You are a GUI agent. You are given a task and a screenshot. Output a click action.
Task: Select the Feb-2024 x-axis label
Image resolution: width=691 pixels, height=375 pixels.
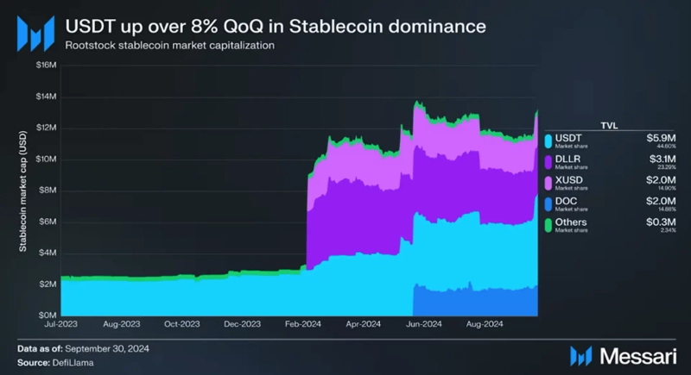[304, 326]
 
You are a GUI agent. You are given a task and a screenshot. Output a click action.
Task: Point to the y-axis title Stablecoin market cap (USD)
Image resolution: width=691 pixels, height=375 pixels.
[23, 191]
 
